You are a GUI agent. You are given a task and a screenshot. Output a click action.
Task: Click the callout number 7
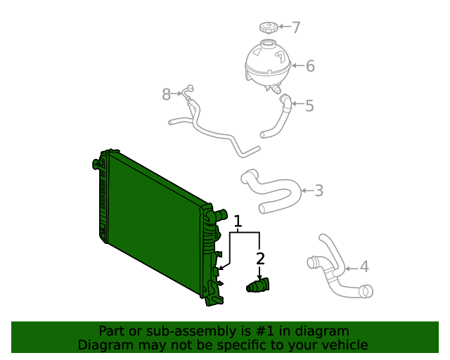296,27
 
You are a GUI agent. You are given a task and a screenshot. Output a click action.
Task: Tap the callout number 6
310,67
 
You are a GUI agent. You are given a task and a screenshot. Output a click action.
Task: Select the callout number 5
309,106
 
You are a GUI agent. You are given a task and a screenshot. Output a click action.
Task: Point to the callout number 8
167,94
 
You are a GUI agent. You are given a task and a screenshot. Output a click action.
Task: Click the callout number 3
319,190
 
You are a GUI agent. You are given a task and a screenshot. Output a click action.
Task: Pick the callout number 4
364,266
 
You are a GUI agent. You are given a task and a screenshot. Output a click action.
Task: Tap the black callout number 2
260,259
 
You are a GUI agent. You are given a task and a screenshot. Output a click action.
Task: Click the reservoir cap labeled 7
267,28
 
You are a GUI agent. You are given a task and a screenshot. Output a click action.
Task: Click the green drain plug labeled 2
258,285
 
